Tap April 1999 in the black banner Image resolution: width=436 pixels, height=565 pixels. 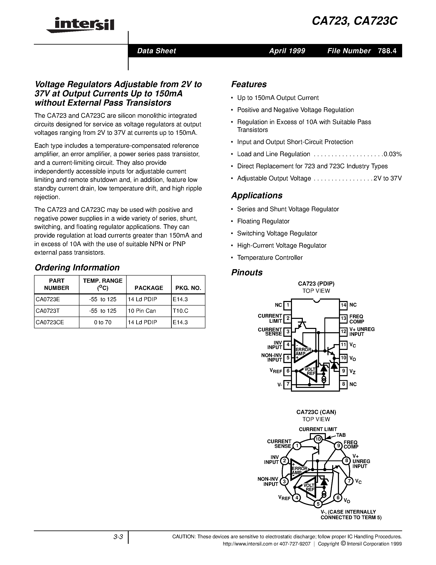[x=287, y=51]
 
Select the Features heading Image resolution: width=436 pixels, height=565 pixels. [x=249, y=84]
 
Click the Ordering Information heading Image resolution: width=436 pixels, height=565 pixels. [x=77, y=268]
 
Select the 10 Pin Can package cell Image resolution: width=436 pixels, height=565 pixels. [x=142, y=311]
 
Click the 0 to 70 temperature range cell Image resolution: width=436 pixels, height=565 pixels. [x=103, y=322]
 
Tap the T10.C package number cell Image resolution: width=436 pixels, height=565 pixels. [x=180, y=311]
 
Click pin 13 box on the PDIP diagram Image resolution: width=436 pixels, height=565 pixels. [x=343, y=318]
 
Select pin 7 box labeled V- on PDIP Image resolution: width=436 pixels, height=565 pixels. [x=287, y=384]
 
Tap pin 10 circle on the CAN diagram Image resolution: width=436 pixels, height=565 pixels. [x=318, y=439]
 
